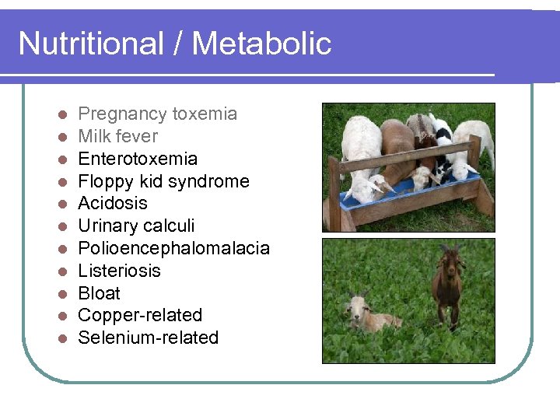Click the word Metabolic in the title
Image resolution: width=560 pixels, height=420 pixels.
click(261, 44)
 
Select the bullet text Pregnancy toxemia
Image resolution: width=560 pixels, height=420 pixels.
click(157, 114)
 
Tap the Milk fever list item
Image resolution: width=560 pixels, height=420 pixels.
click(117, 137)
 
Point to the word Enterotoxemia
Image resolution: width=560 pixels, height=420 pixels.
click(138, 159)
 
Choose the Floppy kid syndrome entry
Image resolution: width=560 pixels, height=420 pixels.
click(163, 182)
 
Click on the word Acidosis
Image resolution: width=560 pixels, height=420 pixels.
click(113, 204)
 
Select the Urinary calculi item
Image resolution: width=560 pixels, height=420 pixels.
click(136, 226)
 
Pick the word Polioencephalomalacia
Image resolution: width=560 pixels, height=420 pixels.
click(173, 249)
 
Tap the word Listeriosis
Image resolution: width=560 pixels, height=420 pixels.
click(119, 271)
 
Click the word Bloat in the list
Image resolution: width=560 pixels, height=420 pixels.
click(99, 294)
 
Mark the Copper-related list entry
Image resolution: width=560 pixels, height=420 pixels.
click(140, 316)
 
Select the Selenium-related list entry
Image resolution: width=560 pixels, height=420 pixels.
click(148, 338)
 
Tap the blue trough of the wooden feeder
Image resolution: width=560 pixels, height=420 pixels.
click(412, 194)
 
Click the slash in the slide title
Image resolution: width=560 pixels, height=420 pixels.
click(177, 44)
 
